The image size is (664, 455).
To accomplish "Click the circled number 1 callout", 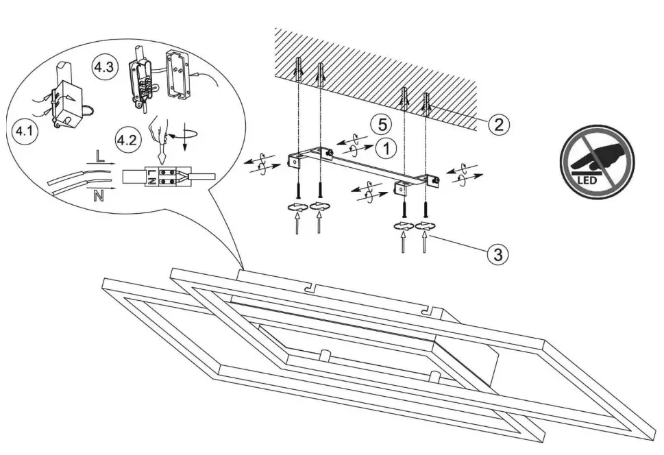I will [387, 147].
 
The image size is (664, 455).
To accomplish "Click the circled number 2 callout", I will [498, 125].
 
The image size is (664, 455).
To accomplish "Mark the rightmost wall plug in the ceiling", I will [428, 104].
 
